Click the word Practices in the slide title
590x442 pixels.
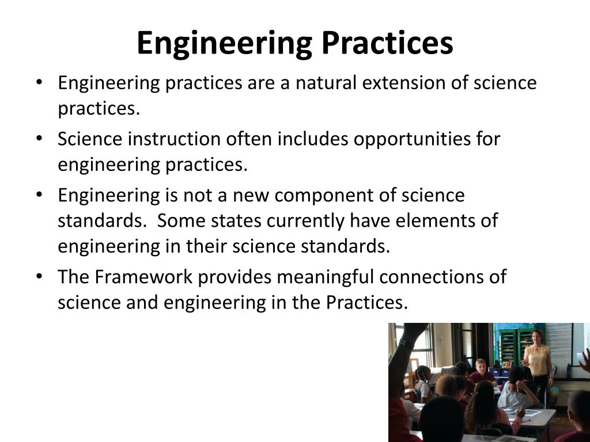pos(387,43)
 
